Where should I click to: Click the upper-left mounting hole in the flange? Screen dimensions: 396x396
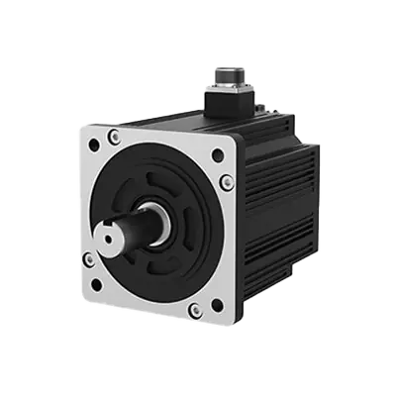94,145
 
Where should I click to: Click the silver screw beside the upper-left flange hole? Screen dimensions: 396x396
117,136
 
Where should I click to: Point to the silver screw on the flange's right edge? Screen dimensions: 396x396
227,182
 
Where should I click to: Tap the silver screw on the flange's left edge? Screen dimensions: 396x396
88,259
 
